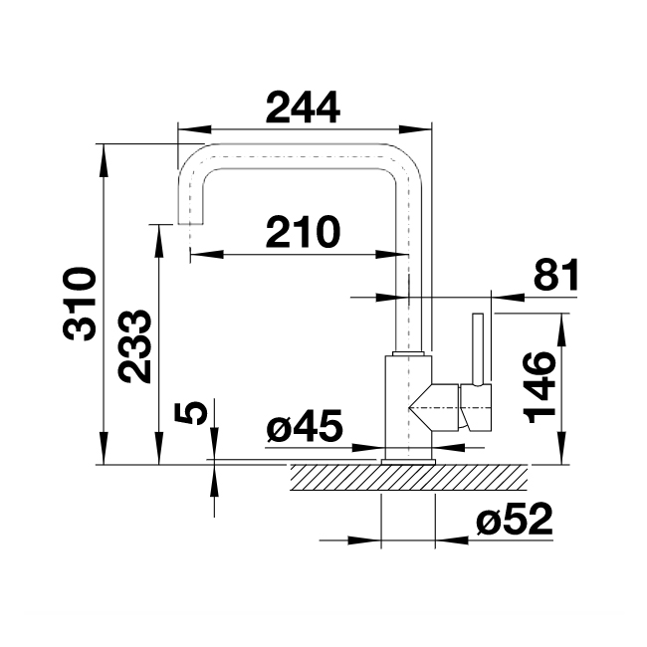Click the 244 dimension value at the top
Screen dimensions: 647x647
pyautogui.click(x=304, y=106)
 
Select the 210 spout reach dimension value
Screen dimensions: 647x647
pyautogui.click(x=303, y=232)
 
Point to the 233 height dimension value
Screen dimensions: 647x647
pyautogui.click(x=133, y=347)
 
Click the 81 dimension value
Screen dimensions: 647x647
pyautogui.click(x=554, y=275)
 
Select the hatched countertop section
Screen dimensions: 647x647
pyautogui.click(x=408, y=479)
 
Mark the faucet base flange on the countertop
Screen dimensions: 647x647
pyautogui.click(x=408, y=461)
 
